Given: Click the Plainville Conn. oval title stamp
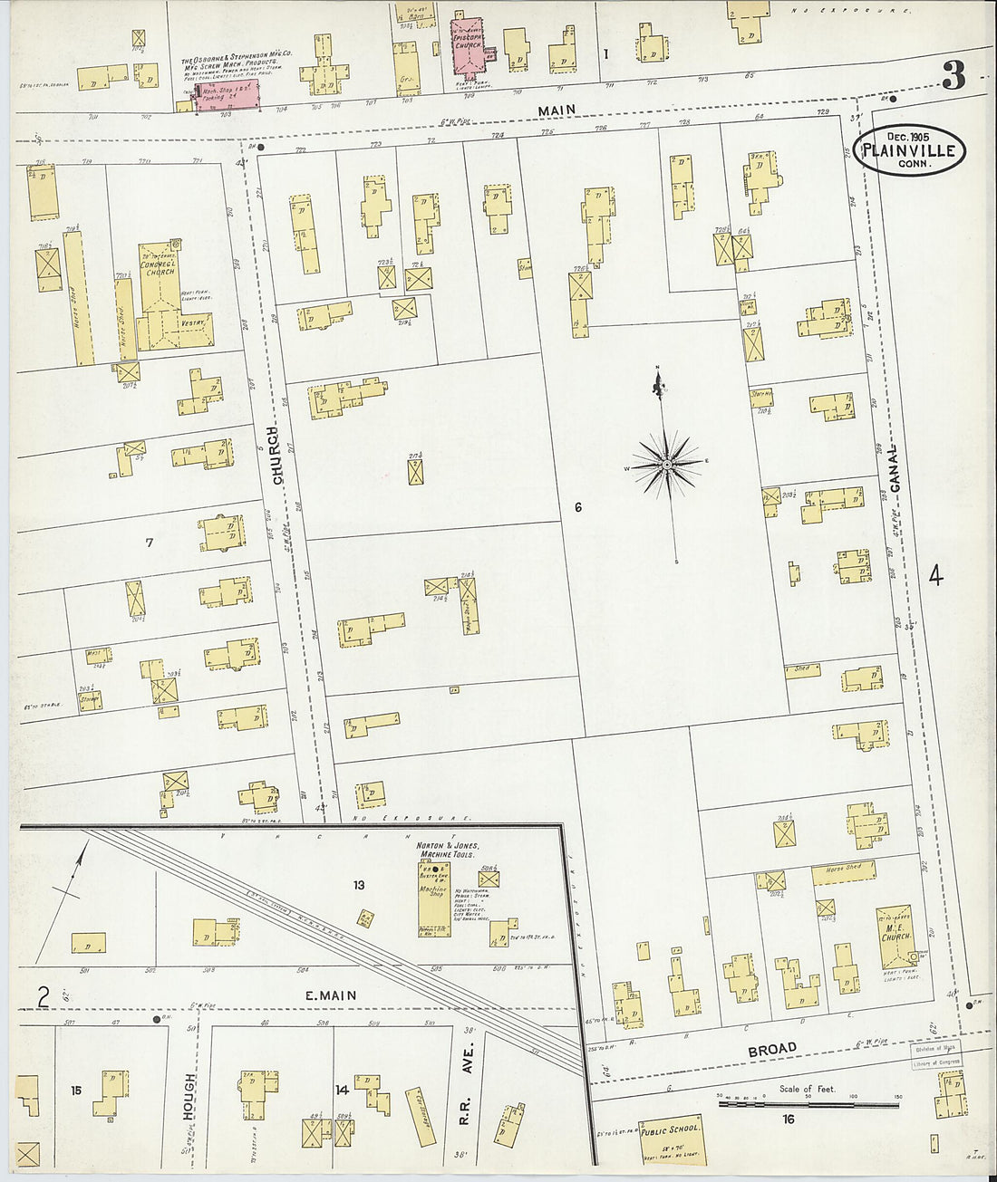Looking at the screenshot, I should pyautogui.click(x=909, y=149).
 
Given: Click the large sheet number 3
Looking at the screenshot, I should pyautogui.click(x=953, y=76).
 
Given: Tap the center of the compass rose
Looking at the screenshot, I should pyautogui.click(x=666, y=464).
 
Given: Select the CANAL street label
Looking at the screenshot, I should pyautogui.click(x=895, y=467).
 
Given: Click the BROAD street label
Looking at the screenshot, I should pyautogui.click(x=772, y=1049).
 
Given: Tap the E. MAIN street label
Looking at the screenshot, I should pyautogui.click(x=330, y=995).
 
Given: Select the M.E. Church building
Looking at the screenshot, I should pyautogui.click(x=895, y=937).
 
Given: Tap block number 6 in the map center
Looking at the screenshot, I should pyautogui.click(x=577, y=508).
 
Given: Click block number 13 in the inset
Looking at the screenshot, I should pyautogui.click(x=359, y=885).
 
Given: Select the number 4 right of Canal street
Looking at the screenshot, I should pyautogui.click(x=935, y=576).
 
